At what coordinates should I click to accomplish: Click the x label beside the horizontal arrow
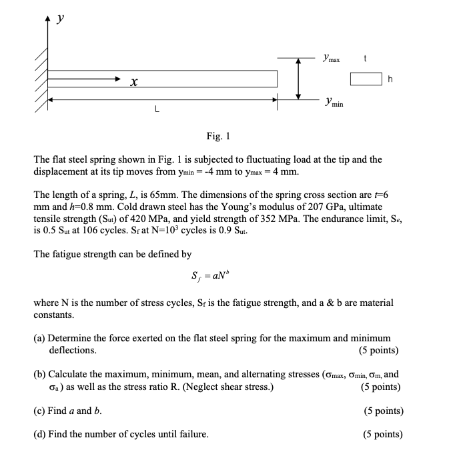tap(134, 83)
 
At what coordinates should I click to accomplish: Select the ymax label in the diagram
tap(332, 59)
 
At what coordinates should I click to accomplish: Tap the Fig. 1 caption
tap(218, 137)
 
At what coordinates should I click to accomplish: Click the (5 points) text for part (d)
tap(382, 434)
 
